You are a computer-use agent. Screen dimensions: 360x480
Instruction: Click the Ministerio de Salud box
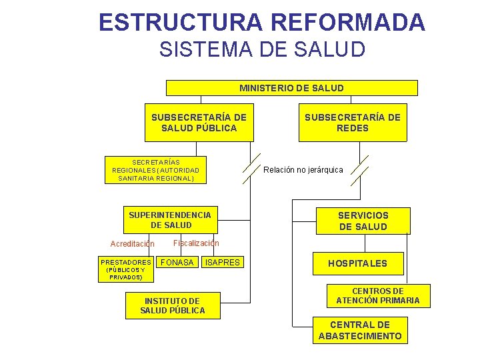pos(291,88)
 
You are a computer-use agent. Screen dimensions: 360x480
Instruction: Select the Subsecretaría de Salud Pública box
pos(199,123)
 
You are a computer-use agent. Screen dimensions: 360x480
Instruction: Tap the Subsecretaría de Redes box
pos(353,123)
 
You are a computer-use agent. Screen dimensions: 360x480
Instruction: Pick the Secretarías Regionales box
pos(155,170)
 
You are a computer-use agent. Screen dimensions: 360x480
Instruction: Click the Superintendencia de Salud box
pos(169,220)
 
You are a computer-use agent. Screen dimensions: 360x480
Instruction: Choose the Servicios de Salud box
pos(363,221)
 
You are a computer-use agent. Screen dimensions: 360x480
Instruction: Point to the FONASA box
pos(177,263)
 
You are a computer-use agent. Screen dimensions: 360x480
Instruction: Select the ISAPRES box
pos(223,263)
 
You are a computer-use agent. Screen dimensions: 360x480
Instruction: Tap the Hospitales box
pos(357,263)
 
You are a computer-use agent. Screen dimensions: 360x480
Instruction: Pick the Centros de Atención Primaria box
pos(378,296)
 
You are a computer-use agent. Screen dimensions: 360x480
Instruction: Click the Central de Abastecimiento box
pos(360,331)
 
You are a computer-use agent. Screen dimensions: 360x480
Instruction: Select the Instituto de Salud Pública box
pos(173,306)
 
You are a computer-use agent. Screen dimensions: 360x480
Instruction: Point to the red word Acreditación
pos(132,244)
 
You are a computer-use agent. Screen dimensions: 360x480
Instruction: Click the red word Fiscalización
pos(196,243)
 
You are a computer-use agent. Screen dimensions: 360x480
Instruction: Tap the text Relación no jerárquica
pos(303,170)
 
